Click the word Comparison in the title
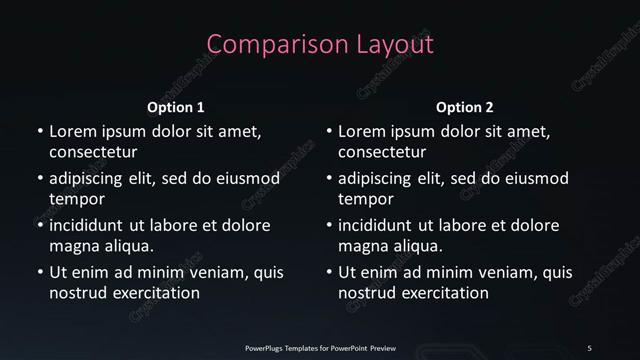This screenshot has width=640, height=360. tap(266, 44)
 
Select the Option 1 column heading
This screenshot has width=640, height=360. tap(176, 107)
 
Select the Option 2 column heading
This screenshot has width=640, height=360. tap(465, 107)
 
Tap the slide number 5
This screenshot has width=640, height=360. tap(589, 347)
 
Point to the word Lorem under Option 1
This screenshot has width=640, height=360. tap(73, 131)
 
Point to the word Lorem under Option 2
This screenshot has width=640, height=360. tap(363, 131)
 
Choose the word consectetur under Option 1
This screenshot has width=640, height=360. tap(93, 153)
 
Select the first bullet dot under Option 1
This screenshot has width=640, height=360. tap(39, 132)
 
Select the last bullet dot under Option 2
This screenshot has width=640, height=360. tap(329, 272)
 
